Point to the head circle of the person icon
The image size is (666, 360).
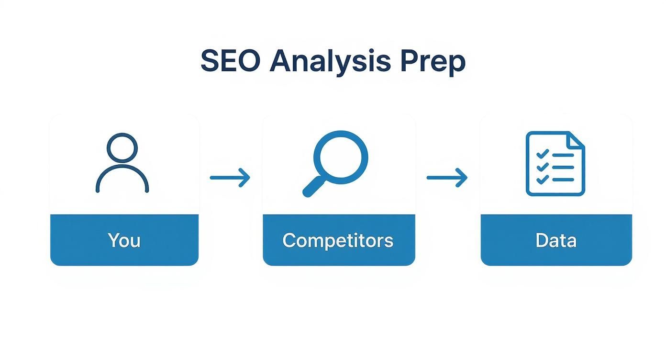pyautogui.click(x=122, y=148)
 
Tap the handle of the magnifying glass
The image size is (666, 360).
pyautogui.click(x=313, y=187)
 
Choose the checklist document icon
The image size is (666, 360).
pyautogui.click(x=555, y=164)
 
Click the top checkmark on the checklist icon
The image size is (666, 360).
pyautogui.click(x=542, y=154)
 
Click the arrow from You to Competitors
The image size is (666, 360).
pyautogui.click(x=230, y=178)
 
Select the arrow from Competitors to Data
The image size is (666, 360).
pyautogui.click(x=447, y=178)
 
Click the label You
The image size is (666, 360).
pyautogui.click(x=124, y=240)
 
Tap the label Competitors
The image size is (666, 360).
pyautogui.click(x=338, y=240)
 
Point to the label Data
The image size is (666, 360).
pyautogui.click(x=556, y=240)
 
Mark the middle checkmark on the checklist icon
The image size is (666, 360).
pyautogui.click(x=542, y=167)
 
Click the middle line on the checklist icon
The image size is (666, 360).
pyautogui.click(x=563, y=168)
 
